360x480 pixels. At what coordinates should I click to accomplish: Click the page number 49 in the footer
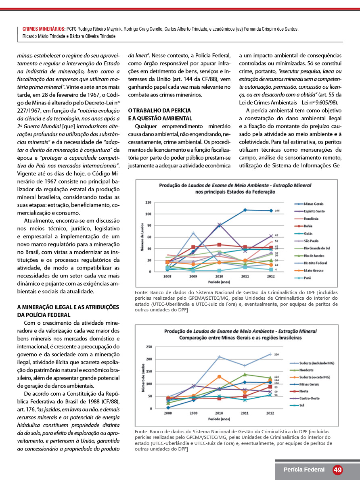(x=338, y=470)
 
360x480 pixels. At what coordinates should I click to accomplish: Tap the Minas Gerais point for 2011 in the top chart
(x=245, y=210)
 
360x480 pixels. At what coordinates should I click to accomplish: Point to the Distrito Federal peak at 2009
(x=193, y=233)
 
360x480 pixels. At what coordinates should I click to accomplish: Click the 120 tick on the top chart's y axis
(x=148, y=202)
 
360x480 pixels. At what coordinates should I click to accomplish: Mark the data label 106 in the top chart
(x=277, y=211)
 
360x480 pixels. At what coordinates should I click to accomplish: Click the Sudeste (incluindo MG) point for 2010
(x=219, y=357)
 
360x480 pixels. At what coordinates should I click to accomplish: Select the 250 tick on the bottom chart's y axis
(x=149, y=347)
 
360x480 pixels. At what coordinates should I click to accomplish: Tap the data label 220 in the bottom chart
(x=277, y=354)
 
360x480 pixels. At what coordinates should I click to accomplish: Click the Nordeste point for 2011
(x=245, y=374)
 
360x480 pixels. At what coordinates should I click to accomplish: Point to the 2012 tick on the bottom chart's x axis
(x=270, y=413)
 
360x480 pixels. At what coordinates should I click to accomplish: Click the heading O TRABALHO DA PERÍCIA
(x=159, y=110)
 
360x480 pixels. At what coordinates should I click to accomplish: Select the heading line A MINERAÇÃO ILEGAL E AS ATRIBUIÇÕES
(x=68, y=307)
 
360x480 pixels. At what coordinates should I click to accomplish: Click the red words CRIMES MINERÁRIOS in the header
(x=44, y=29)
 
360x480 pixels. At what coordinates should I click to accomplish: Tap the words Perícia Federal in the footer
(x=303, y=470)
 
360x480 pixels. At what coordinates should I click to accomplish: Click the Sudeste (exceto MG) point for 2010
(x=219, y=377)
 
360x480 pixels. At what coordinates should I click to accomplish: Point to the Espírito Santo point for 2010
(x=219, y=225)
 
